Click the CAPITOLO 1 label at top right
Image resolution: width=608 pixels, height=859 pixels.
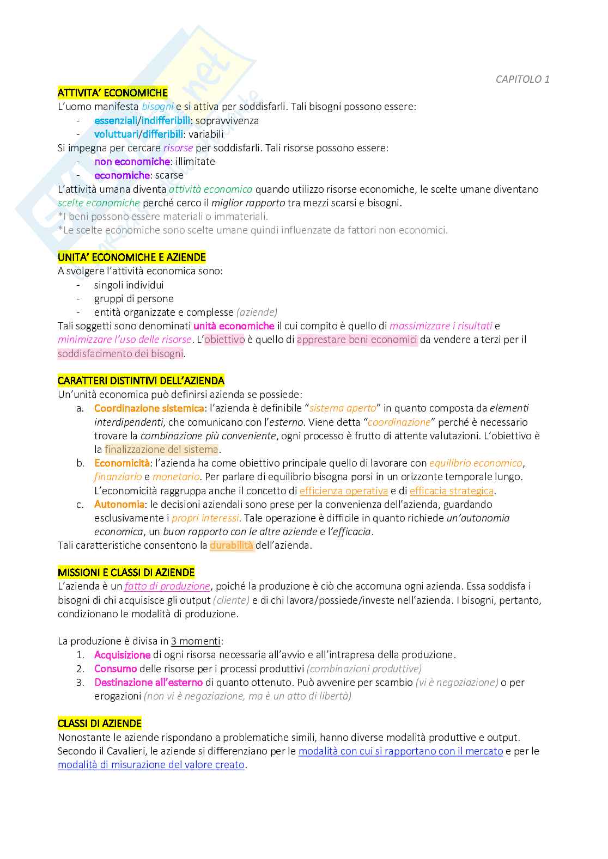tap(522, 79)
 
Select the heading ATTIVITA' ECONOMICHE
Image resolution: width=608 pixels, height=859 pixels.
tap(113, 93)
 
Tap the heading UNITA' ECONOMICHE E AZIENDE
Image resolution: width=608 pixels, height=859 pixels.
tap(132, 257)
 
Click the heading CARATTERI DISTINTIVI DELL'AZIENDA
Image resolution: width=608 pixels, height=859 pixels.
tap(141, 381)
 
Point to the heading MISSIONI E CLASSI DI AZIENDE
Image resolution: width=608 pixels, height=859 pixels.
tap(126, 572)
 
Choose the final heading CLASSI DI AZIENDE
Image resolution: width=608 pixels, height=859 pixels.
tap(100, 723)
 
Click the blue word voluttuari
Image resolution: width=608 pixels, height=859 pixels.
tap(116, 134)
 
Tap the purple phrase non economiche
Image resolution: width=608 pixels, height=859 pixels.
tap(132, 162)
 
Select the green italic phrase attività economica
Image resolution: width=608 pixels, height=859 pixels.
tap(210, 189)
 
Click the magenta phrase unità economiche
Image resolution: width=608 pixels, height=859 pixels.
tap(234, 326)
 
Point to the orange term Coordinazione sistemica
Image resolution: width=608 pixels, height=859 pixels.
tap(149, 408)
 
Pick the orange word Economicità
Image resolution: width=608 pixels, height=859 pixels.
tap(121, 463)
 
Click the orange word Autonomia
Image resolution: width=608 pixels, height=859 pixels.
tap(119, 504)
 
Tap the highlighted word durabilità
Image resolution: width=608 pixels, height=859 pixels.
tap(232, 545)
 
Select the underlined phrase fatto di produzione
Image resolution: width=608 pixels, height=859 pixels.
tap(167, 586)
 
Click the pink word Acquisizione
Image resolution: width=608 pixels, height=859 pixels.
tap(122, 655)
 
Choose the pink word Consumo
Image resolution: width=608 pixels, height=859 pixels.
tap(115, 668)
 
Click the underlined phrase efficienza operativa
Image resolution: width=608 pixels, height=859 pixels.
tap(344, 491)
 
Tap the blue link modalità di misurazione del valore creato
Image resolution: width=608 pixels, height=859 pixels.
tap(151, 765)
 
